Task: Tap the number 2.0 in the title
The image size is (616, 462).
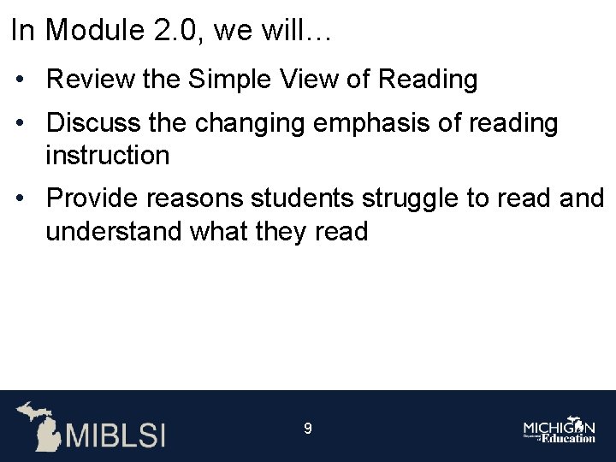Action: coord(169,32)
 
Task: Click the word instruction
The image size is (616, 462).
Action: coord(108,156)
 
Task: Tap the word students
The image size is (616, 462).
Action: coord(304,198)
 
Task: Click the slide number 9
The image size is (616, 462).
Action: coord(308,428)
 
